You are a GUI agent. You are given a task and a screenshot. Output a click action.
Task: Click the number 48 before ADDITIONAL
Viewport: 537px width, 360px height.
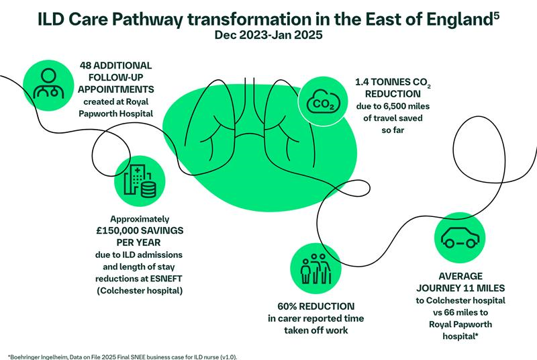[x=88, y=65]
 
